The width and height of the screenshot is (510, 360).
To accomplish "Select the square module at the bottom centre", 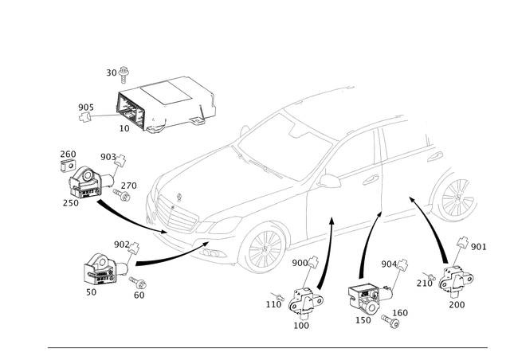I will (x=364, y=298).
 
